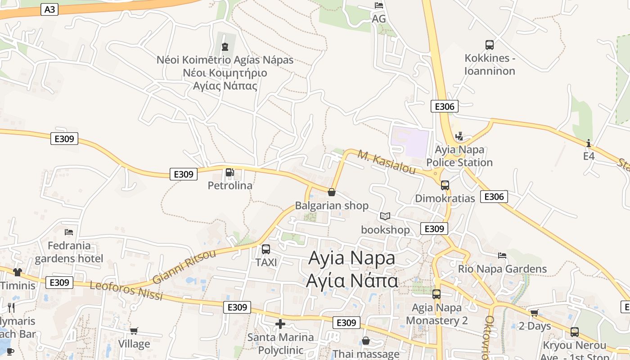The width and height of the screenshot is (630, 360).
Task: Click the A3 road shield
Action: [x=49, y=9]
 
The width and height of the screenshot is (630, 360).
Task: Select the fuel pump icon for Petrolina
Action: [x=229, y=172]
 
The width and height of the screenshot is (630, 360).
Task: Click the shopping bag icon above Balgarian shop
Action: [x=332, y=192]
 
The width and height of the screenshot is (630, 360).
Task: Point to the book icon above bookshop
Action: [x=385, y=216]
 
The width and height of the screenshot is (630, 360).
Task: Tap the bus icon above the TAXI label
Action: [x=266, y=249]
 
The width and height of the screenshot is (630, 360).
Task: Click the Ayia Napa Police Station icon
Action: [x=459, y=136]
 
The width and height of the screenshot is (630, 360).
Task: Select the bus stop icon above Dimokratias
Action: [x=445, y=185]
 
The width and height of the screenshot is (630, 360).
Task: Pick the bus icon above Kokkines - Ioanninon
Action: [x=490, y=45]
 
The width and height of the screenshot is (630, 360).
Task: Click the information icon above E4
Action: [x=589, y=143]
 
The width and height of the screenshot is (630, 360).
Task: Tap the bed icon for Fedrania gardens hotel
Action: [x=69, y=232]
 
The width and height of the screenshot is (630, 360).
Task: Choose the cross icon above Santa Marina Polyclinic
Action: [x=280, y=324]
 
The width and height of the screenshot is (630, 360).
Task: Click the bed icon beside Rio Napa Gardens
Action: [x=502, y=256]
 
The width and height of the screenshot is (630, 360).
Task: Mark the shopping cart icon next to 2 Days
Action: [x=534, y=312]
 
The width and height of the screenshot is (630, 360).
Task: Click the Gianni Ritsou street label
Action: [x=184, y=266]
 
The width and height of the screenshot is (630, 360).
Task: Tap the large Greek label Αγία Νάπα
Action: [x=352, y=281]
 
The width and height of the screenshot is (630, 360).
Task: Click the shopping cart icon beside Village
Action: [x=134, y=331]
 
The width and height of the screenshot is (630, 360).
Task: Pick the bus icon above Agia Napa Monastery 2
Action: [x=436, y=294]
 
